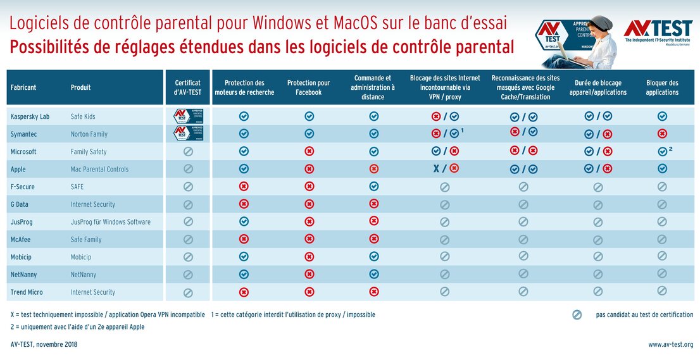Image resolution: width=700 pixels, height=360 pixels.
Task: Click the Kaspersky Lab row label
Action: click(x=30, y=116)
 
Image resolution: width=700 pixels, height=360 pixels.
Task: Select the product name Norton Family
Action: click(x=89, y=134)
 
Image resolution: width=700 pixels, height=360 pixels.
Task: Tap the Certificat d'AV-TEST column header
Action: click(x=188, y=87)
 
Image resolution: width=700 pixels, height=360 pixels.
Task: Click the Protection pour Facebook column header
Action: click(x=309, y=87)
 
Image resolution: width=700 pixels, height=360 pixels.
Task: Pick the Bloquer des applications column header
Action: click(x=662, y=87)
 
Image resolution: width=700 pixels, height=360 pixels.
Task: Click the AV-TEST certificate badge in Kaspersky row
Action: click(x=188, y=116)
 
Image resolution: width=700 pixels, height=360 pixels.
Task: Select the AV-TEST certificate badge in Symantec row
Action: click(x=188, y=133)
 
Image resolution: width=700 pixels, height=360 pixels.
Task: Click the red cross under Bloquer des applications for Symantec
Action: click(x=662, y=134)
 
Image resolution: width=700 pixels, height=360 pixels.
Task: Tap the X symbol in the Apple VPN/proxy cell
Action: click(x=436, y=169)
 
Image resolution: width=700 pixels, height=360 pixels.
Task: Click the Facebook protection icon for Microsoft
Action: click(x=309, y=152)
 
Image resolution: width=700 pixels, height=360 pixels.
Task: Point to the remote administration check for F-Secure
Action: click(x=373, y=187)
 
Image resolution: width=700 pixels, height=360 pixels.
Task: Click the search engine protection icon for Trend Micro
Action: click(x=244, y=292)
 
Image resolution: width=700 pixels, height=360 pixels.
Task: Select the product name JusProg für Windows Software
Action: click(x=111, y=222)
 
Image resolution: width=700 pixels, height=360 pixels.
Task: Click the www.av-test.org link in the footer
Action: click(x=670, y=345)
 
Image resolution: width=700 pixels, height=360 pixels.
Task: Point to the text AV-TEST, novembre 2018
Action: click(x=44, y=345)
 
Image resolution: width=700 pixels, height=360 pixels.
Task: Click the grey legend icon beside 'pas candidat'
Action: click(x=577, y=315)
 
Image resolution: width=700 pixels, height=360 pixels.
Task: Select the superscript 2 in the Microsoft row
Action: click(x=670, y=149)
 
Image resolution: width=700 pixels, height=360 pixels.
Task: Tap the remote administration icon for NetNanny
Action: click(x=373, y=274)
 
